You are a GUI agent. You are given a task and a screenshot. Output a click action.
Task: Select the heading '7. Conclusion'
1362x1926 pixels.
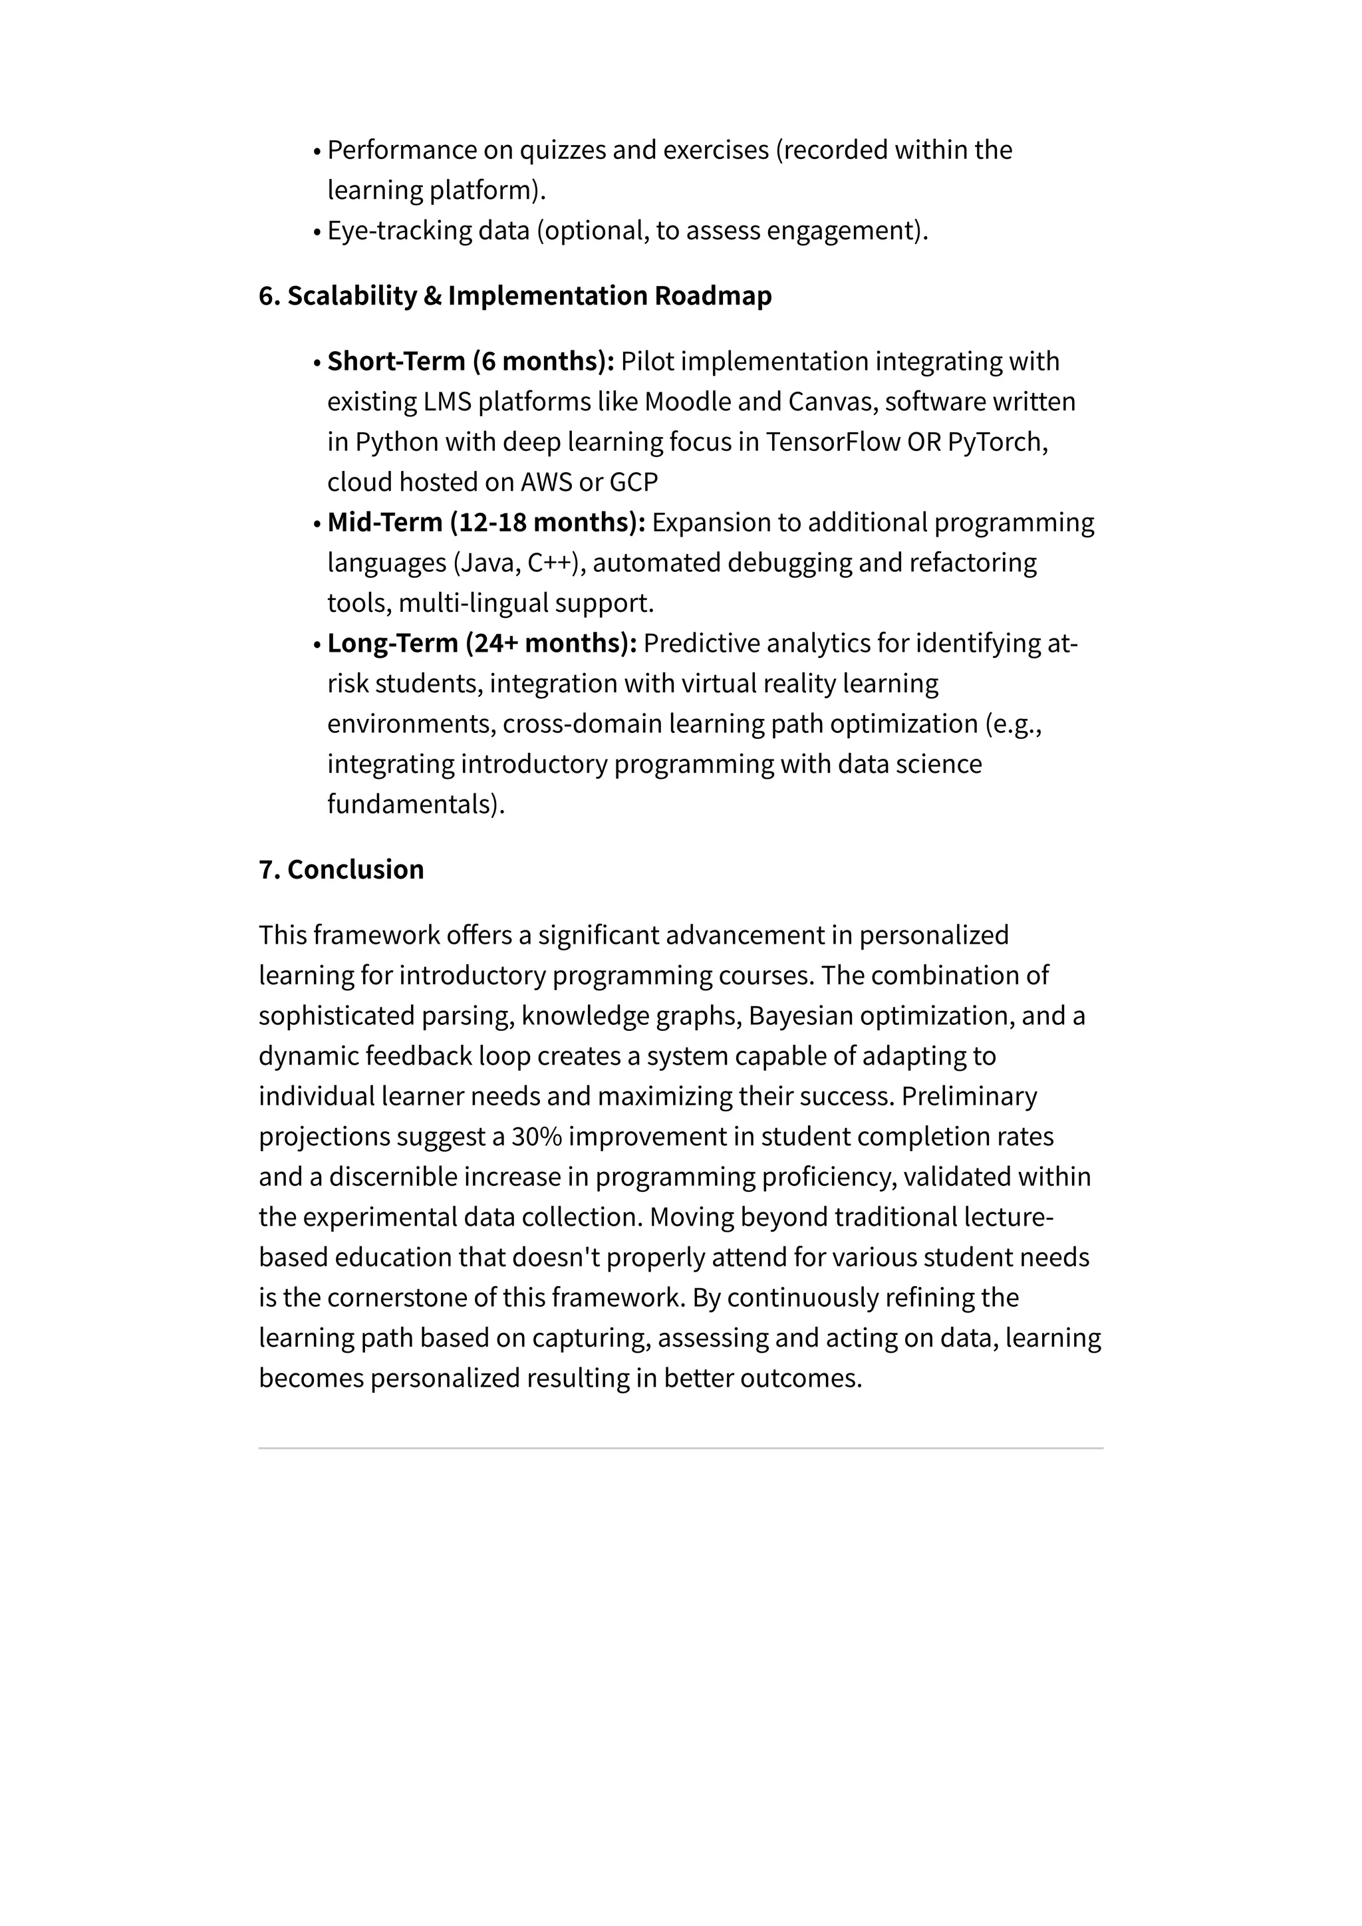pyautogui.click(x=341, y=870)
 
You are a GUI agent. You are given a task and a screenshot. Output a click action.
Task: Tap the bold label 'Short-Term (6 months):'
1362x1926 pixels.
pyautogui.click(x=470, y=362)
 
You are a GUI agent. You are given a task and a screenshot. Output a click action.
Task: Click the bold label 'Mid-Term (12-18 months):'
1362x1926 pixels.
pyautogui.click(x=486, y=523)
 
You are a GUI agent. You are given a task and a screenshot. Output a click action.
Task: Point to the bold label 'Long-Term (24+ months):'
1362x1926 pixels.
pyautogui.click(x=482, y=643)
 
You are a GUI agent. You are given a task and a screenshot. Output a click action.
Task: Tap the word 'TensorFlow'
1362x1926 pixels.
pyautogui.click(x=833, y=442)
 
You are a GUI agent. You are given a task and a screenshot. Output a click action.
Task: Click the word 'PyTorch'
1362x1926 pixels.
pyautogui.click(x=995, y=442)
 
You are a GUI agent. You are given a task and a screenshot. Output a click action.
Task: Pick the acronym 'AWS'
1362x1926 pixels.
pyautogui.click(x=546, y=482)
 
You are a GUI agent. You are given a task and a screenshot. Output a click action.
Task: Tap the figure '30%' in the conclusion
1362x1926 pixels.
pyautogui.click(x=536, y=1137)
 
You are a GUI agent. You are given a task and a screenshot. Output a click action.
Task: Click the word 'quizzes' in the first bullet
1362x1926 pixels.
pyautogui.click(x=562, y=150)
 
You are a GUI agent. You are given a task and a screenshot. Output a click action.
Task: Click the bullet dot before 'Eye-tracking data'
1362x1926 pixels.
pyautogui.click(x=317, y=232)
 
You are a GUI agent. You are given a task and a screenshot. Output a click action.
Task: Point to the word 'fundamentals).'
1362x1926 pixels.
pyautogui.click(x=416, y=805)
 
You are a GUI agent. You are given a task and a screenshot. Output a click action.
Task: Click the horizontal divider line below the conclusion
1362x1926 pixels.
pyautogui.click(x=680, y=1448)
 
